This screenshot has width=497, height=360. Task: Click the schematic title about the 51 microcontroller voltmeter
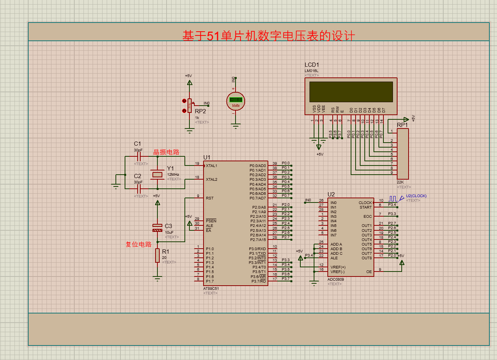pos(269,36)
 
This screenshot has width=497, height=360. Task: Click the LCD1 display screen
pos(351,92)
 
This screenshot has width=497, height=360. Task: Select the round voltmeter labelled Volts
pos(236,101)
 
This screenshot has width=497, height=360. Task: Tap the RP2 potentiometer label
pos(200,111)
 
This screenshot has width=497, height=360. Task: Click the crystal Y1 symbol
pos(157,175)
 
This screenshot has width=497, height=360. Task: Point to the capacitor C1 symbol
pos(139,156)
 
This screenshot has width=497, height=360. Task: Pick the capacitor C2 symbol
pos(139,188)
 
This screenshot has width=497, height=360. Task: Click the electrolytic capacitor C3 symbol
pos(157,228)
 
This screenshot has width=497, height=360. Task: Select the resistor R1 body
pos(157,256)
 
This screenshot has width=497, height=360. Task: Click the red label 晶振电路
pos(166,152)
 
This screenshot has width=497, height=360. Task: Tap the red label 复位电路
pos(139,244)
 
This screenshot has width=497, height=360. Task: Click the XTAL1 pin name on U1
pos(212,166)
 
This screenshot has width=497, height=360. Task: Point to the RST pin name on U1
pos(210,198)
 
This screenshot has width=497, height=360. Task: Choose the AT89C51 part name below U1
pos(211,289)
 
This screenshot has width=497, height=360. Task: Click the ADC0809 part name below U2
pos(335,280)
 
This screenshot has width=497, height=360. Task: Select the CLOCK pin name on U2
pos(365,203)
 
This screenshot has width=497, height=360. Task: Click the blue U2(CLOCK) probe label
pos(416,196)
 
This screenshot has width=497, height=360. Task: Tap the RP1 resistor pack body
pos(402,154)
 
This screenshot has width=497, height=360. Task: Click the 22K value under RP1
pos(400,182)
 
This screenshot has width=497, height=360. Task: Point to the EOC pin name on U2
pos(367,217)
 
